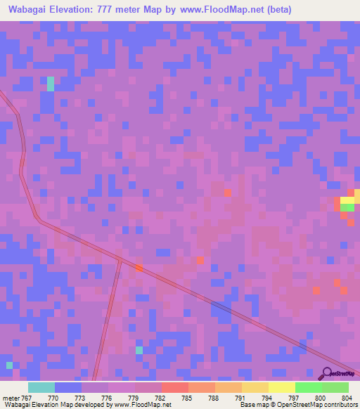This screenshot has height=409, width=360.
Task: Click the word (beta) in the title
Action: (276, 10)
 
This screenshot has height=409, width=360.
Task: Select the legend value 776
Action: (108, 398)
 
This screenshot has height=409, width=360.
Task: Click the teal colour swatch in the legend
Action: (41, 387)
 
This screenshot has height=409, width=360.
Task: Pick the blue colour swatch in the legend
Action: (68, 387)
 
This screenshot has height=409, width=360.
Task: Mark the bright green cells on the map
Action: (347, 207)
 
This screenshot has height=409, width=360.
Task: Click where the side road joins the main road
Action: (120, 260)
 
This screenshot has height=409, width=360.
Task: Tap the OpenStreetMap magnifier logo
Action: (328, 373)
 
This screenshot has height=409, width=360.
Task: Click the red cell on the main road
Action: (139, 268)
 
